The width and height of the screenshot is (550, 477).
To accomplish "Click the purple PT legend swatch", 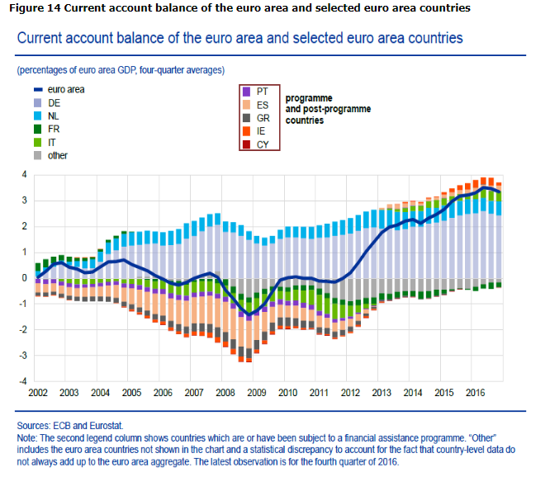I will pyautogui.click(x=244, y=91).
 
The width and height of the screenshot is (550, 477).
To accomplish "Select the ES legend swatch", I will pyautogui.click(x=244, y=105).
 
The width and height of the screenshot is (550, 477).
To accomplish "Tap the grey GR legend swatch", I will pyautogui.click(x=244, y=118).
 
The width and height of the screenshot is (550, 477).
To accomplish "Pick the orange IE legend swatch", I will pyautogui.click(x=244, y=131).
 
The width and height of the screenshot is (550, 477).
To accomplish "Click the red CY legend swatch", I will pyautogui.click(x=244, y=144).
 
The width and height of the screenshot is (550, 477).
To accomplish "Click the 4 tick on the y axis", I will pyautogui.click(x=25, y=175).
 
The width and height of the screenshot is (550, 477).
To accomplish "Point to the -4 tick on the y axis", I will pyautogui.click(x=22, y=382).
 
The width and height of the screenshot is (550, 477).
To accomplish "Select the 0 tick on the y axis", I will pyautogui.click(x=25, y=278).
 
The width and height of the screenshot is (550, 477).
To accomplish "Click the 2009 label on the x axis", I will pyautogui.click(x=257, y=394).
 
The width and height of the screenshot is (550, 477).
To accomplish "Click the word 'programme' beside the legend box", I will pyautogui.click(x=308, y=97).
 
